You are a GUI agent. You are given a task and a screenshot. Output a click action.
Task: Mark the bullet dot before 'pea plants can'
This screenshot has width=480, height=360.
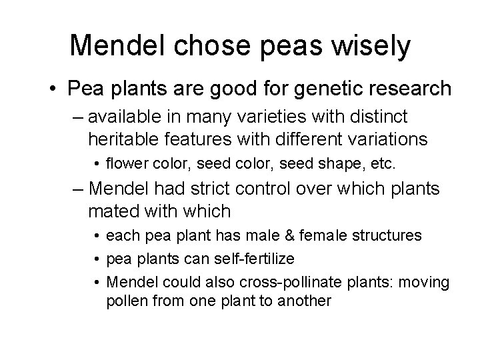point(97,259)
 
